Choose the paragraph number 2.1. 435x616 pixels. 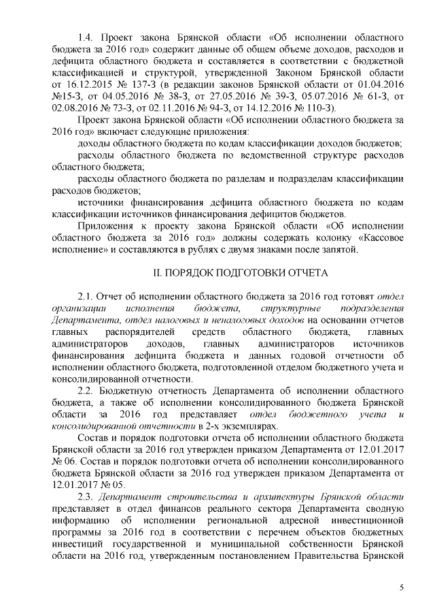click(x=86, y=297)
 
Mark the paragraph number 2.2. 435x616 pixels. click(x=86, y=391)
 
